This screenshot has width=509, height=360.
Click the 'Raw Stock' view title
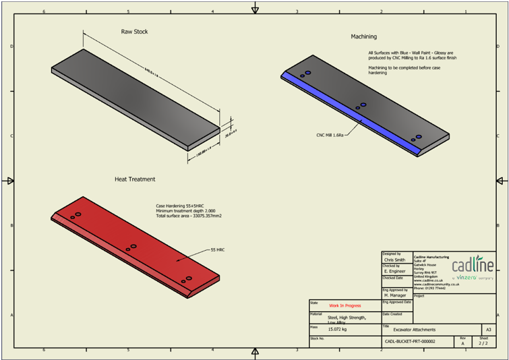(x=134, y=32)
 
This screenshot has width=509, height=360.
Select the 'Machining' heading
(x=364, y=36)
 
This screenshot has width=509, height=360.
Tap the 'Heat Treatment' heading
(x=135, y=179)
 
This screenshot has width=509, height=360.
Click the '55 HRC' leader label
(x=217, y=249)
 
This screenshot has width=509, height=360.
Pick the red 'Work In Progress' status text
(x=345, y=305)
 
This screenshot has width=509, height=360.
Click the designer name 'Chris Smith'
(x=394, y=259)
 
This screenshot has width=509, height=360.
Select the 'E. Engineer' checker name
(x=394, y=271)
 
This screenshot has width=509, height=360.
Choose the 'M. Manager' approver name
(x=394, y=295)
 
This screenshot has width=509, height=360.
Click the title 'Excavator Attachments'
(x=415, y=330)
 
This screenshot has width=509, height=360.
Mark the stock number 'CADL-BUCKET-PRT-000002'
(x=410, y=342)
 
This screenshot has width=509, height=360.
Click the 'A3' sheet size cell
(x=488, y=330)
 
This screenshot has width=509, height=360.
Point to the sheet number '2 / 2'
(x=483, y=343)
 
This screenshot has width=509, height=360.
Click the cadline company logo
(x=473, y=264)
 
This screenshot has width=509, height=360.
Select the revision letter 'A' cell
(x=462, y=343)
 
